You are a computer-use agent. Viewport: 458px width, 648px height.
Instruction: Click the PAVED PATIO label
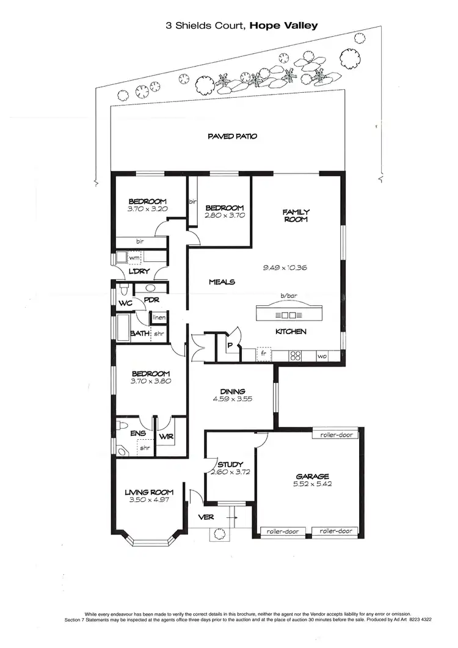tap(232, 136)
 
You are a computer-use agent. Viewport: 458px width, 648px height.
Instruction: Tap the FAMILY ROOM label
tap(295, 216)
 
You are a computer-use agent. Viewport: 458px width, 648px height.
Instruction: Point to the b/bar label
tap(287, 296)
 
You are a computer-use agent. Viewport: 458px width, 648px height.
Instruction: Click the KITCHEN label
tap(290, 332)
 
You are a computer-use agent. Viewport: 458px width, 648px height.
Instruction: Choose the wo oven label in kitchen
tap(321, 355)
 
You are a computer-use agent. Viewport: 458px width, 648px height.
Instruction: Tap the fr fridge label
tap(264, 354)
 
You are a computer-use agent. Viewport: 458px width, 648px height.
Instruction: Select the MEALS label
tap(222, 282)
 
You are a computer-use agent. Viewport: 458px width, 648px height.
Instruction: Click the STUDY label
tap(230, 464)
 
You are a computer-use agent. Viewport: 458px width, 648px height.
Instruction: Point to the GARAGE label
tap(313, 476)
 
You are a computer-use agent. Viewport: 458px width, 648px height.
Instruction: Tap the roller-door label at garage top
tap(334, 435)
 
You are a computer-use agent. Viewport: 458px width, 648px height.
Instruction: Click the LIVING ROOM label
tap(149, 492)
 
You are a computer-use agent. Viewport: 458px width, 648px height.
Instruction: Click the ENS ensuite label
tap(139, 434)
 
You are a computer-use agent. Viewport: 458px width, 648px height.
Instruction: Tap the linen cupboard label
tap(159, 318)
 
